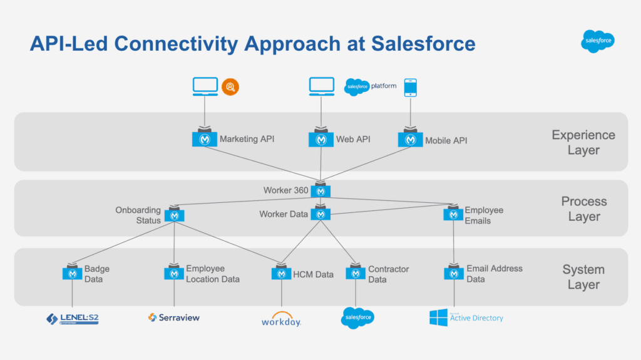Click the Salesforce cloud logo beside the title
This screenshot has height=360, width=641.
[597, 41]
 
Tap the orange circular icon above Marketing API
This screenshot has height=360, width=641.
[231, 86]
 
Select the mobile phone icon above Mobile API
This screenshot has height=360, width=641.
[410, 88]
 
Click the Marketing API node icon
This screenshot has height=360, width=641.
[204, 138]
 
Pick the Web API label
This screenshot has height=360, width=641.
[353, 139]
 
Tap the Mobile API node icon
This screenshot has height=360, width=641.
[410, 139]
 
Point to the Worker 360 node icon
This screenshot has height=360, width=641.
[320, 190]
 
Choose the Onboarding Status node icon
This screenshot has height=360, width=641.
[174, 215]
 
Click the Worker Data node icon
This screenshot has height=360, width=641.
[320, 213]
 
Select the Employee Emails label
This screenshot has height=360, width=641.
[483, 215]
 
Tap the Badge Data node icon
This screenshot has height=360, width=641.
[73, 274]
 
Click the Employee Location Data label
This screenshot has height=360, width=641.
[212, 274]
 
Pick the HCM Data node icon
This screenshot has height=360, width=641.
[282, 274]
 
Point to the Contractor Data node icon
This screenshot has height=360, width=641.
[356, 274]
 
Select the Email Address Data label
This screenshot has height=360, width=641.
[494, 274]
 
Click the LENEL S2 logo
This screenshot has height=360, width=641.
[73, 319]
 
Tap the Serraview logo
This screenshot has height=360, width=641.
[174, 317]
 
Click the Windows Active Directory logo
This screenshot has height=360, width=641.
[466, 317]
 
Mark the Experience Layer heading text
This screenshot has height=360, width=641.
[583, 142]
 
